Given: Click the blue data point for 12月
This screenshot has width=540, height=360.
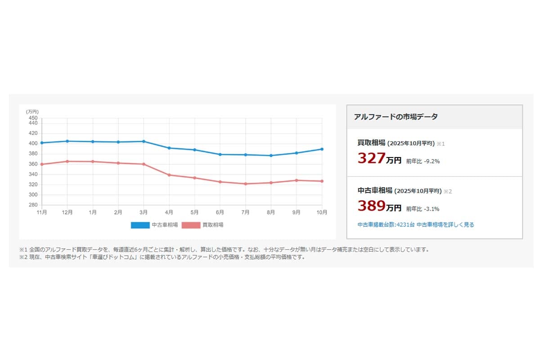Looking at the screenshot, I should coord(67,141).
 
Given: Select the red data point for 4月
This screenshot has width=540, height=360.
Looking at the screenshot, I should coord(169,175).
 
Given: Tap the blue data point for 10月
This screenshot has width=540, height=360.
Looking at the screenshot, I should coord(322,149).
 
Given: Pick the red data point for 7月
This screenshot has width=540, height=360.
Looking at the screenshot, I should coord(246,184).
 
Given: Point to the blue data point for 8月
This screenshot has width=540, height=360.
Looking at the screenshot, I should coord(271,156).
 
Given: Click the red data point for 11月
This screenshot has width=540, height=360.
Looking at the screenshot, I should coord(42,164).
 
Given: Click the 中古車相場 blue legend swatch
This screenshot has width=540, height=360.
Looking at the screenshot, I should coord(140,225).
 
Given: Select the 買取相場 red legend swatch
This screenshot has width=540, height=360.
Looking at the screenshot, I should coord(191,225).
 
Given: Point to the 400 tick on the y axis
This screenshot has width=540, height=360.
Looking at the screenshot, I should coord(33,144).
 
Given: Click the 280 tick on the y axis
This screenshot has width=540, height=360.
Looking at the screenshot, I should coord(33,205).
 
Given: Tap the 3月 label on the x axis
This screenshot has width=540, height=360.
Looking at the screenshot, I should coord(144,212).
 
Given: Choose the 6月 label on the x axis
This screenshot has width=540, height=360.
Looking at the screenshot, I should coord(220,212).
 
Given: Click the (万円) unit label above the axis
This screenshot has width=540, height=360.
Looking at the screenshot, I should coord(32,112).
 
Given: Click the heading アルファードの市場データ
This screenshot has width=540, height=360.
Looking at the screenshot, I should coord(396,117).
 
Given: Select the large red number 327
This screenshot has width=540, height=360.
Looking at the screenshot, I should coord(372,158).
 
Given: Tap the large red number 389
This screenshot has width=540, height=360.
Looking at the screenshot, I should coord(372,206).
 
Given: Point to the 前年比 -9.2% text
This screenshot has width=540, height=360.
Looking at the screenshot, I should coord(423,161).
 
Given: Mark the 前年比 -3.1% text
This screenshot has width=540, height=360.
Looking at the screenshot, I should coord(423,209).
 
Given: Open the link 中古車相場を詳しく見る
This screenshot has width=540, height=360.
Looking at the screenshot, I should coord(445,225).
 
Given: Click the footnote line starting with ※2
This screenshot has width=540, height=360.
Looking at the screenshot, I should coord(162,258).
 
